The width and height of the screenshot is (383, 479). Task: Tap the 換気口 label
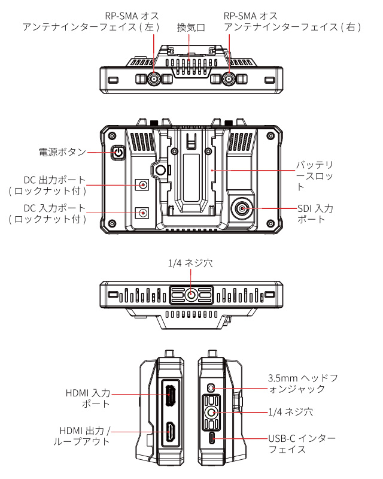coord(191,28)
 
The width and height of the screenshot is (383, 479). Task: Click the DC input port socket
coord(143,212)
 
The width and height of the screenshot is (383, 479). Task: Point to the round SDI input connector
coord(242,208)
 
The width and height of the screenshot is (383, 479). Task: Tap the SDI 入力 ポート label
coord(315,214)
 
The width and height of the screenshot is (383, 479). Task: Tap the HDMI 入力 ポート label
coord(88,398)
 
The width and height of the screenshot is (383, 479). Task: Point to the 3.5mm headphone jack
coord(211,387)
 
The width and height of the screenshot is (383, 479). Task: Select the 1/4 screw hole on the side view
coord(212,412)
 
